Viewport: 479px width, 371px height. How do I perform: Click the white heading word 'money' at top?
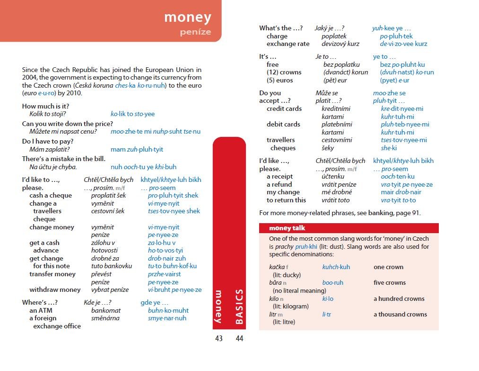pyautogui.click(x=187, y=17)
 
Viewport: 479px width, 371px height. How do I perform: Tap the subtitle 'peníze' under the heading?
pyautogui.click(x=195, y=32)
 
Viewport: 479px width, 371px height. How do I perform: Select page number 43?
pyautogui.click(x=218, y=338)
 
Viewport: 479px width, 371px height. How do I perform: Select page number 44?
pyautogui.click(x=239, y=338)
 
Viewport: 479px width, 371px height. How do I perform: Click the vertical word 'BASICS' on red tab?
pyautogui.click(x=239, y=307)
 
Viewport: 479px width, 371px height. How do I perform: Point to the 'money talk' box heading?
pyautogui.click(x=287, y=228)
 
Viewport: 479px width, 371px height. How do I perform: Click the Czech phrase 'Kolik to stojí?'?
pyautogui.click(x=48, y=114)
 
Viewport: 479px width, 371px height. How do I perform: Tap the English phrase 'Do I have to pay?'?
pyautogui.click(x=48, y=141)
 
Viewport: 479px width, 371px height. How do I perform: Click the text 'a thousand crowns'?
pyautogui.click(x=400, y=314)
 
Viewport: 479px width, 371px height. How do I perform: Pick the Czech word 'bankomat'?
pyautogui.click(x=106, y=310)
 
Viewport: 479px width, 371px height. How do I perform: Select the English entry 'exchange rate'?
pyautogui.click(x=288, y=44)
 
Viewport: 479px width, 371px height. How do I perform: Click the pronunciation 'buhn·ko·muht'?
pyautogui.click(x=168, y=310)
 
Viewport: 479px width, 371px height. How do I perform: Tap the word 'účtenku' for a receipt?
pyautogui.click(x=333, y=177)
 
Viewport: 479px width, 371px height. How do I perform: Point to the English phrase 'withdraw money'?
pyautogui.click(x=55, y=290)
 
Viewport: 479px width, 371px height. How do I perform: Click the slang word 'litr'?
pyautogui.click(x=272, y=314)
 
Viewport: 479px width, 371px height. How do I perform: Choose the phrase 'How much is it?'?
pyautogui.click(x=45, y=106)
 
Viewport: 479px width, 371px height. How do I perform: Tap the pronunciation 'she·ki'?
pyautogui.click(x=389, y=148)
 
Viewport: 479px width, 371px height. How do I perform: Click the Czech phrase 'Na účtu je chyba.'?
pyautogui.click(x=53, y=167)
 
